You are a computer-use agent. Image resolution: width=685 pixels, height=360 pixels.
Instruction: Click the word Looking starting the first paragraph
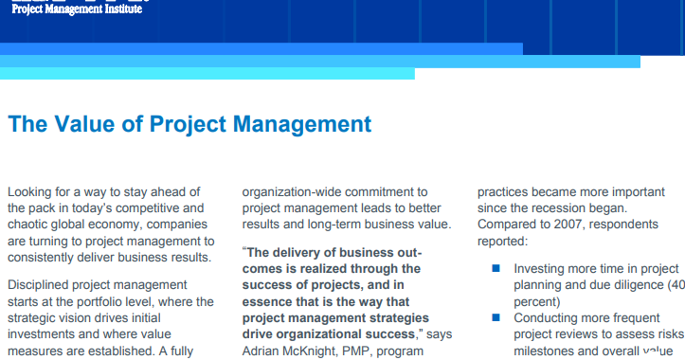[x=31, y=191]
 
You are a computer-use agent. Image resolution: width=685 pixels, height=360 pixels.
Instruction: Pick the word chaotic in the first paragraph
[x=31, y=224]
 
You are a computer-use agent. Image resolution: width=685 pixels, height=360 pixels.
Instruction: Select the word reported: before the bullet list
[x=503, y=241]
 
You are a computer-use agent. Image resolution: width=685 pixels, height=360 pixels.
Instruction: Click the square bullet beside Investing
[x=495, y=269]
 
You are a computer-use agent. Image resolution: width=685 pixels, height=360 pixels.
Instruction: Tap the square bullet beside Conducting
[x=495, y=318]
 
